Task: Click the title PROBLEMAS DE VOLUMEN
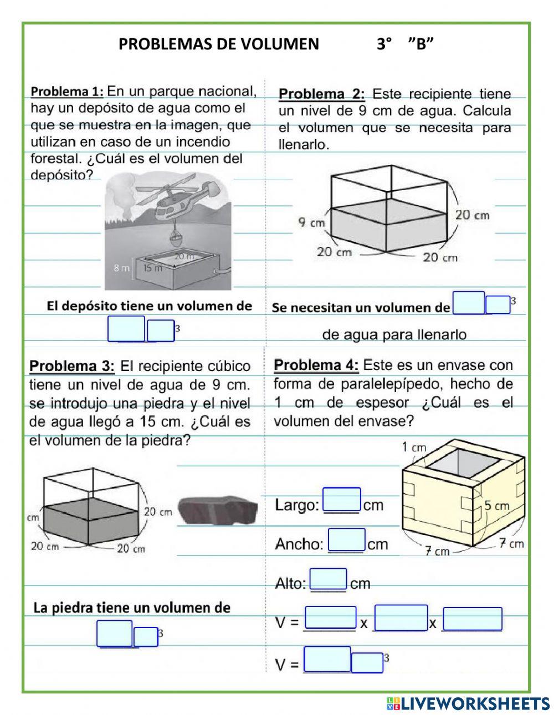pyautogui.click(x=218, y=44)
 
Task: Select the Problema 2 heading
pyautogui.click(x=321, y=94)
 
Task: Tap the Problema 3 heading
pyautogui.click(x=71, y=366)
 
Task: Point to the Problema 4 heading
pyautogui.click(x=316, y=366)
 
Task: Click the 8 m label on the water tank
pyautogui.click(x=121, y=269)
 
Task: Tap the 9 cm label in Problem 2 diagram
pyautogui.click(x=311, y=223)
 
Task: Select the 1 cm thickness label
pyautogui.click(x=414, y=447)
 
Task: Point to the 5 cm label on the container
pyautogui.click(x=496, y=505)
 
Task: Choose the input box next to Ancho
pyautogui.click(x=346, y=540)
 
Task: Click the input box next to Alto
pyautogui.click(x=328, y=580)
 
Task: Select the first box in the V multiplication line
pyautogui.click(x=330, y=618)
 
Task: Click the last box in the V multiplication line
pyautogui.click(x=472, y=619)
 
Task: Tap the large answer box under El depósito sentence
pyautogui.click(x=126, y=329)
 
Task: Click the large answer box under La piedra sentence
pyautogui.click(x=115, y=634)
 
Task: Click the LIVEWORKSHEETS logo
pyautogui.click(x=468, y=703)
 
